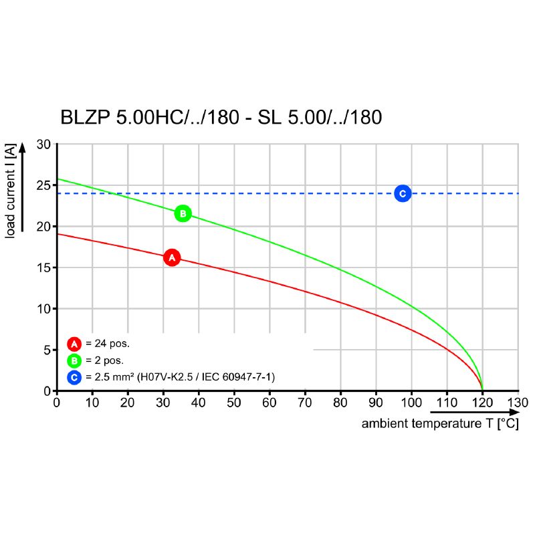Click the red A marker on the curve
[x=172, y=257]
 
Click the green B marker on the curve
[x=183, y=214]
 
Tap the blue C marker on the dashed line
[x=403, y=194]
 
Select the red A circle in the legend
[x=74, y=344]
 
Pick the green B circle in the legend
[x=74, y=361]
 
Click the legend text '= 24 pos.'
[x=108, y=344]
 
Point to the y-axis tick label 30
[x=44, y=144]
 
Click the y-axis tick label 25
[x=44, y=185]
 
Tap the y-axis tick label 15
[x=44, y=267]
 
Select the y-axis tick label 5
[x=47, y=350]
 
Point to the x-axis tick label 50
[x=234, y=403]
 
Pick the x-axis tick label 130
[x=518, y=403]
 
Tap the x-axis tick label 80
[x=340, y=403]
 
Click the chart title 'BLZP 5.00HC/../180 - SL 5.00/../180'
[x=221, y=118]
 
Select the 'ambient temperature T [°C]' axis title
[x=440, y=424]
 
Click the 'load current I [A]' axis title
[x=11, y=191]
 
